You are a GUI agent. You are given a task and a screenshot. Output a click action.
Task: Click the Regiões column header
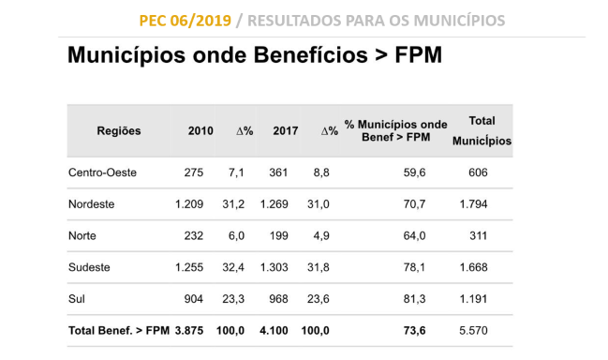119,131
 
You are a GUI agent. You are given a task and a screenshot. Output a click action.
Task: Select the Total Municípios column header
482,130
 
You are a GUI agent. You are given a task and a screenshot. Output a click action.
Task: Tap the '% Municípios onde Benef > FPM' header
395,130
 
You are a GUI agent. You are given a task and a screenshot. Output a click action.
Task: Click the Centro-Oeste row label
102,172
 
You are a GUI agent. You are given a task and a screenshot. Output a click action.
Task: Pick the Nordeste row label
92,204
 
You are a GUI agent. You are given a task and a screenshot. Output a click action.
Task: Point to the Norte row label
82,236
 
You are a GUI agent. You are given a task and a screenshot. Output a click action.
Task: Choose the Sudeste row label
89,267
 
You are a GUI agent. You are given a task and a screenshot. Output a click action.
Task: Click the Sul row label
77,299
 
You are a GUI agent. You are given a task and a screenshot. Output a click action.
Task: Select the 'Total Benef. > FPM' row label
119,331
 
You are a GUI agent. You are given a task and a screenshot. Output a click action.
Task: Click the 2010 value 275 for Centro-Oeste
194,172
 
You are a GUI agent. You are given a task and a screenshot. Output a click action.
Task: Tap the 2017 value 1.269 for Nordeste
274,204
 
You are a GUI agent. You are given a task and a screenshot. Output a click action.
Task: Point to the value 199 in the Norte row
278,236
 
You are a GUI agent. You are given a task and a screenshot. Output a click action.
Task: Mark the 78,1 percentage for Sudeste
414,267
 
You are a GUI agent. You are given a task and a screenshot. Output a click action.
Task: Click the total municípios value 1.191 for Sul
473,299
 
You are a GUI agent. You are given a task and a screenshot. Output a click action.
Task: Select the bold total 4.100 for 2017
274,331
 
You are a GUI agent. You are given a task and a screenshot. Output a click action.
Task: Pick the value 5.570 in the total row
473,331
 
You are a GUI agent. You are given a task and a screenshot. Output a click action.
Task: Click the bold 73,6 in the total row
414,331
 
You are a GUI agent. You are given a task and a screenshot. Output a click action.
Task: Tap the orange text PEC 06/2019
185,21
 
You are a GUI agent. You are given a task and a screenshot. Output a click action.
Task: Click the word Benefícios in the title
311,54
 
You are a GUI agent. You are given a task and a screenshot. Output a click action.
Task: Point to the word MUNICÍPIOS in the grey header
459,21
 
